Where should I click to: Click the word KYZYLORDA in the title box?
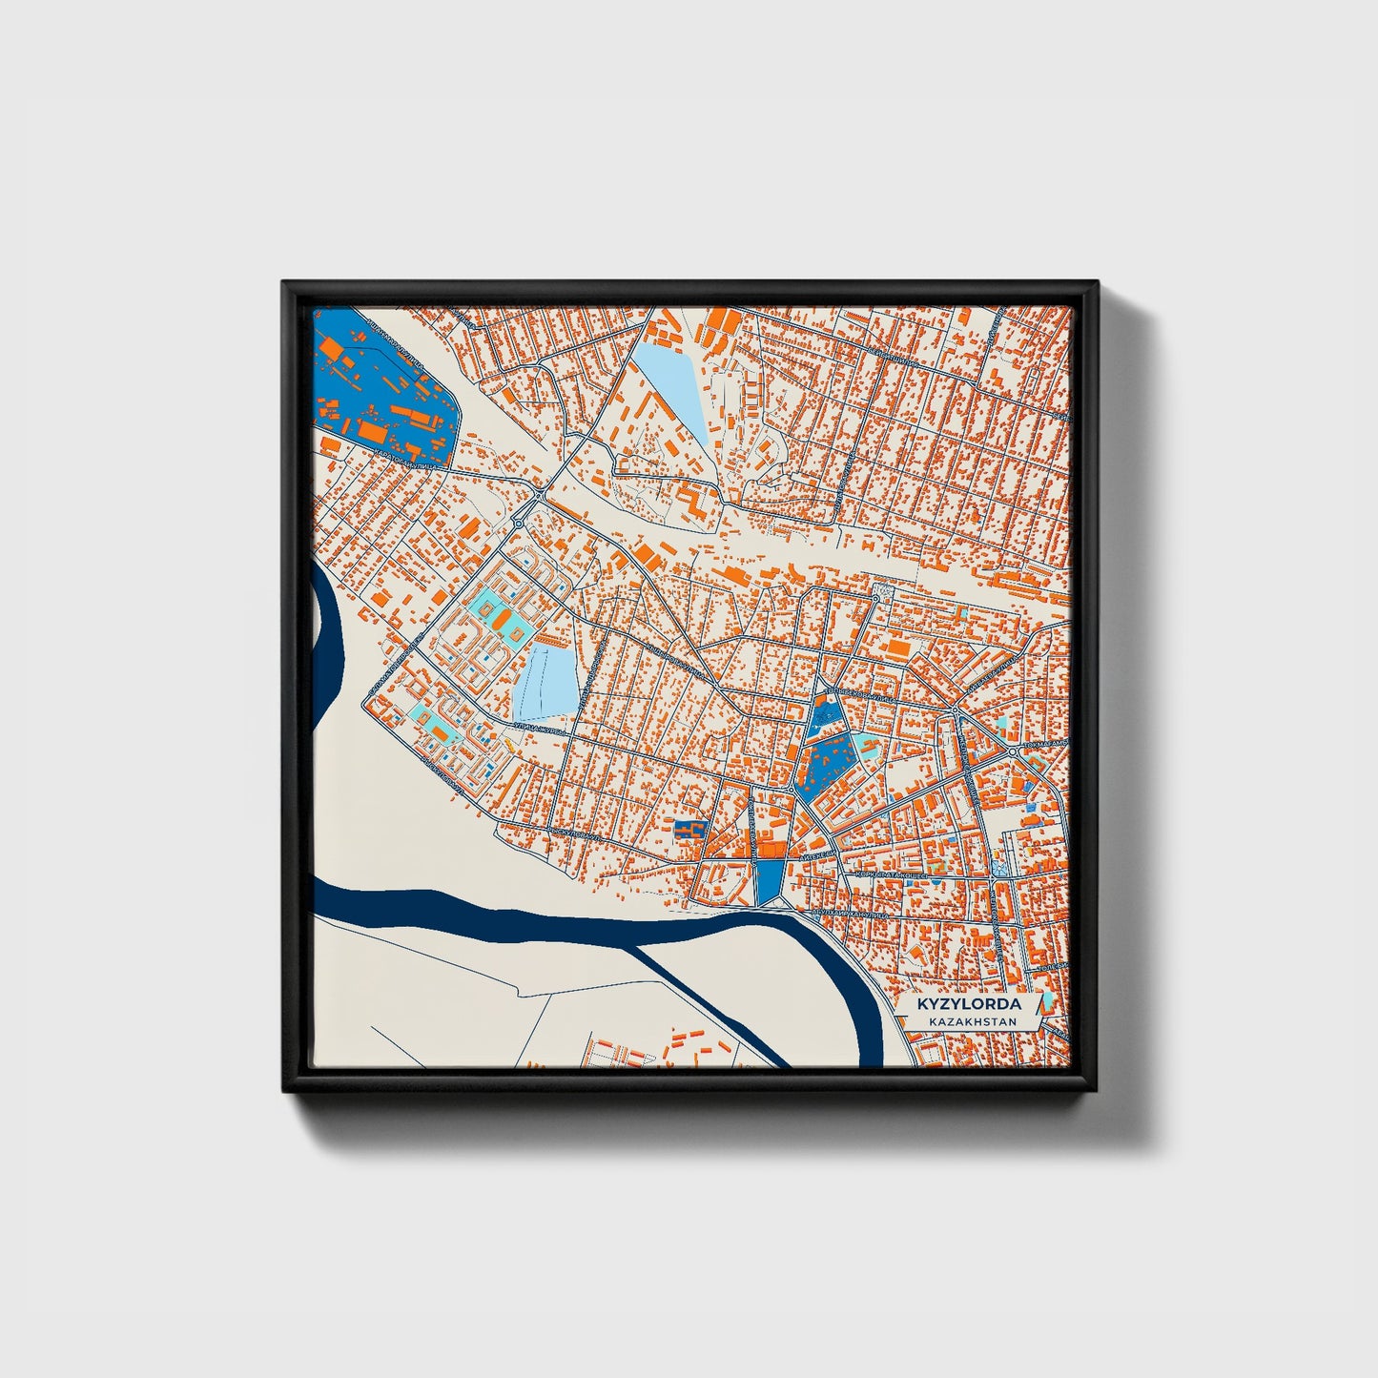coord(968,1004)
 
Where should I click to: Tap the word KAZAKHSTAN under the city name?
coord(968,1021)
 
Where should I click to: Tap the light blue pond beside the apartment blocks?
coord(547,681)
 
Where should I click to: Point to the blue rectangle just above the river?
coord(769,881)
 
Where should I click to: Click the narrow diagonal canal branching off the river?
coord(710,1001)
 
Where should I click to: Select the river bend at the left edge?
coord(329,629)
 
